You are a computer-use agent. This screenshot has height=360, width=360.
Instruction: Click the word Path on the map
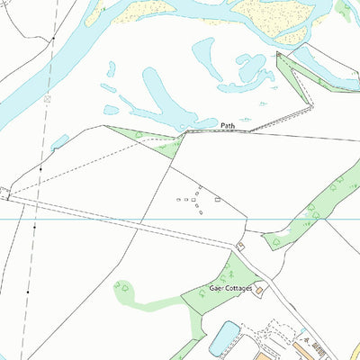coord(229,125)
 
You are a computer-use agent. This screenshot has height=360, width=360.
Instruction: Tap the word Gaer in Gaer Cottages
coord(216,288)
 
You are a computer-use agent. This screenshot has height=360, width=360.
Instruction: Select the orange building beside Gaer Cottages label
coord(260,290)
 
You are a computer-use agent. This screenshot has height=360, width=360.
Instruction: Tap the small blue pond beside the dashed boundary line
coord(60,141)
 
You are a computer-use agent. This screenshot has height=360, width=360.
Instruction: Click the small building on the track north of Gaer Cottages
coord(240,246)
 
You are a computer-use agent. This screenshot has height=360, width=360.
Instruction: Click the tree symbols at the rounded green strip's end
coord(123,288)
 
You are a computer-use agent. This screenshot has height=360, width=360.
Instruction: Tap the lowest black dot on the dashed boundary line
coord(28,292)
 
